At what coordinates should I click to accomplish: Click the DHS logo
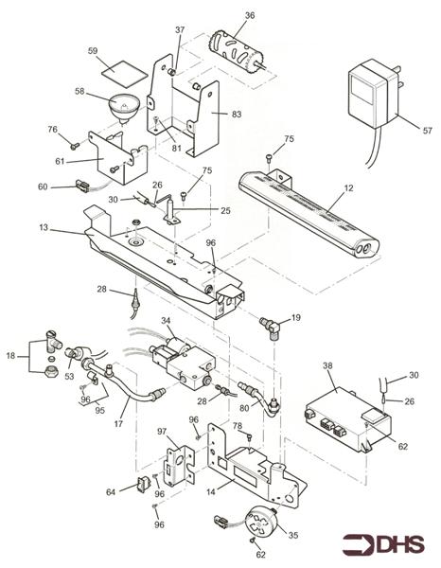(383, 544)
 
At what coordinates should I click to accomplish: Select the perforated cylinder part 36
(236, 52)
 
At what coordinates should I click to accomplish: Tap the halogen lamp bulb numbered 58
(122, 108)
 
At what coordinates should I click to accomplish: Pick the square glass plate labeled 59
(124, 74)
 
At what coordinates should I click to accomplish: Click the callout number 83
(237, 115)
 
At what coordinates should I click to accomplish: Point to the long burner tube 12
(309, 214)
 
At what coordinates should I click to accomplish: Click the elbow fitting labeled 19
(270, 328)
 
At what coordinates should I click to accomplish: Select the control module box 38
(348, 419)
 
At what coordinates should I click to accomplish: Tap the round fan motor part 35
(261, 521)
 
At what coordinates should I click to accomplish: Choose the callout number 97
(162, 432)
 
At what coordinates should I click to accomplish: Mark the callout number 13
(44, 228)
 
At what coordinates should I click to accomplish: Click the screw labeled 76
(75, 146)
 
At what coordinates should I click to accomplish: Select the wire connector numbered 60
(82, 186)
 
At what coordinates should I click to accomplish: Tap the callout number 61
(60, 161)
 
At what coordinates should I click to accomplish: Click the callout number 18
(10, 356)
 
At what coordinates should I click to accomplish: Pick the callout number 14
(211, 491)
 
